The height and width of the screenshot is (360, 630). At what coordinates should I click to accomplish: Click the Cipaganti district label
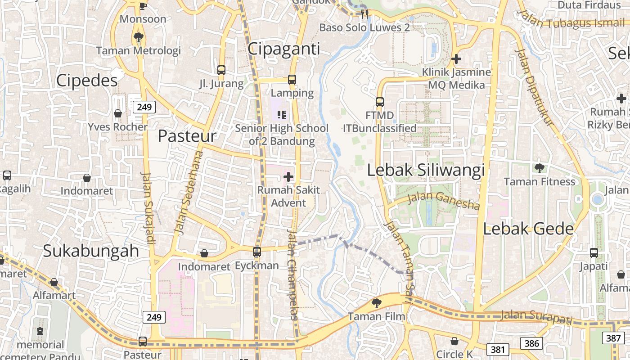tap(284, 49)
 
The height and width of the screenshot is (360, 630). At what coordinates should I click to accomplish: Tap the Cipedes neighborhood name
tap(87, 80)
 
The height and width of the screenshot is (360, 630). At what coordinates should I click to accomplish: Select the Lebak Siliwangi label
tap(426, 170)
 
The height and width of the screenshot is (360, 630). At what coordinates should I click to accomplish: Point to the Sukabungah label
tap(91, 251)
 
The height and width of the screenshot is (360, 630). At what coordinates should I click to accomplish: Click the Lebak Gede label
tap(528, 229)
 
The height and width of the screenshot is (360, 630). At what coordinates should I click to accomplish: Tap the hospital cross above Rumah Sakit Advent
tap(288, 177)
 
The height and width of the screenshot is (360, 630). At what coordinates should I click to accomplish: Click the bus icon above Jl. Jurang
tap(221, 70)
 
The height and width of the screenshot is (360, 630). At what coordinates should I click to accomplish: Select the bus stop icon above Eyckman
tap(256, 252)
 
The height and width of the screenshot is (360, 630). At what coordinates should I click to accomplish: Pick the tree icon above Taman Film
tap(377, 303)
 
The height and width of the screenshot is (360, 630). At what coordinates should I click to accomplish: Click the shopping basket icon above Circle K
tap(454, 341)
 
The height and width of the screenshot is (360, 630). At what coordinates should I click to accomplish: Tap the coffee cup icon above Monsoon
tap(143, 6)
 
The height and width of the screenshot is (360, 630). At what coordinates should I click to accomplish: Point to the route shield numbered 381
tap(498, 349)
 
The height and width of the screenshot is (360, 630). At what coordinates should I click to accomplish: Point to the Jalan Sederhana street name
tap(188, 193)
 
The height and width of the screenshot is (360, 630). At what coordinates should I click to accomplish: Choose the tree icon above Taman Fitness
tap(539, 169)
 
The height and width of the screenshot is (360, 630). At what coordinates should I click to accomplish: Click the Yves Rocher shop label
tap(118, 127)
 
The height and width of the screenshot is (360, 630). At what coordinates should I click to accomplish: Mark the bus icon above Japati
tap(594, 253)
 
